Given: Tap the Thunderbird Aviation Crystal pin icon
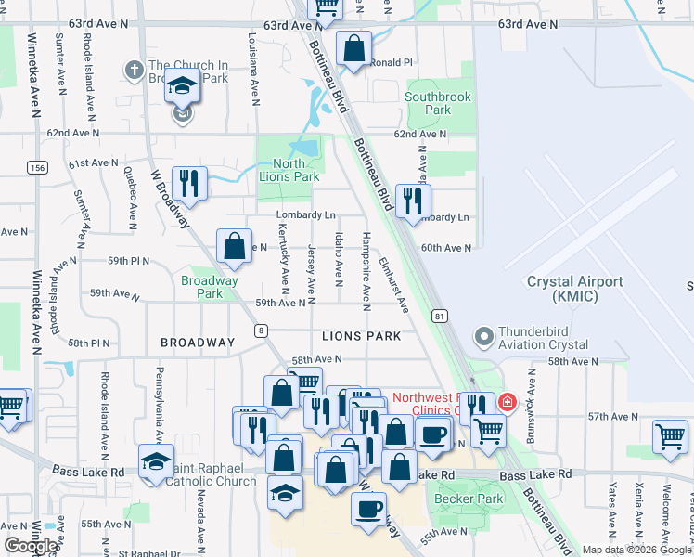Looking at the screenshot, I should click(482, 335).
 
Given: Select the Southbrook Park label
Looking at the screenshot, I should click(439, 103).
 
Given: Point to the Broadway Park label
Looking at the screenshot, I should click(210, 287).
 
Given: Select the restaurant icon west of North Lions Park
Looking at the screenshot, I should click(189, 181).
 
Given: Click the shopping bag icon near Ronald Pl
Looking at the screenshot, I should click(353, 47).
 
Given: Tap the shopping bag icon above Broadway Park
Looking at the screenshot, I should click(235, 246).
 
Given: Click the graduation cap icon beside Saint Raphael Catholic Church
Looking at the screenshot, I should click(156, 460).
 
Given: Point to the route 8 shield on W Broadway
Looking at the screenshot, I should click(263, 330).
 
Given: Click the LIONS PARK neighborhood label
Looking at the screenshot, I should click(361, 336).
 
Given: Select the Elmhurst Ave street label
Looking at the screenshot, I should click(393, 283).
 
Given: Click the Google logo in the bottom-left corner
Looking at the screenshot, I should click(32, 545).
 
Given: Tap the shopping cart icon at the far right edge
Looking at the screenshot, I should click(670, 436).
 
